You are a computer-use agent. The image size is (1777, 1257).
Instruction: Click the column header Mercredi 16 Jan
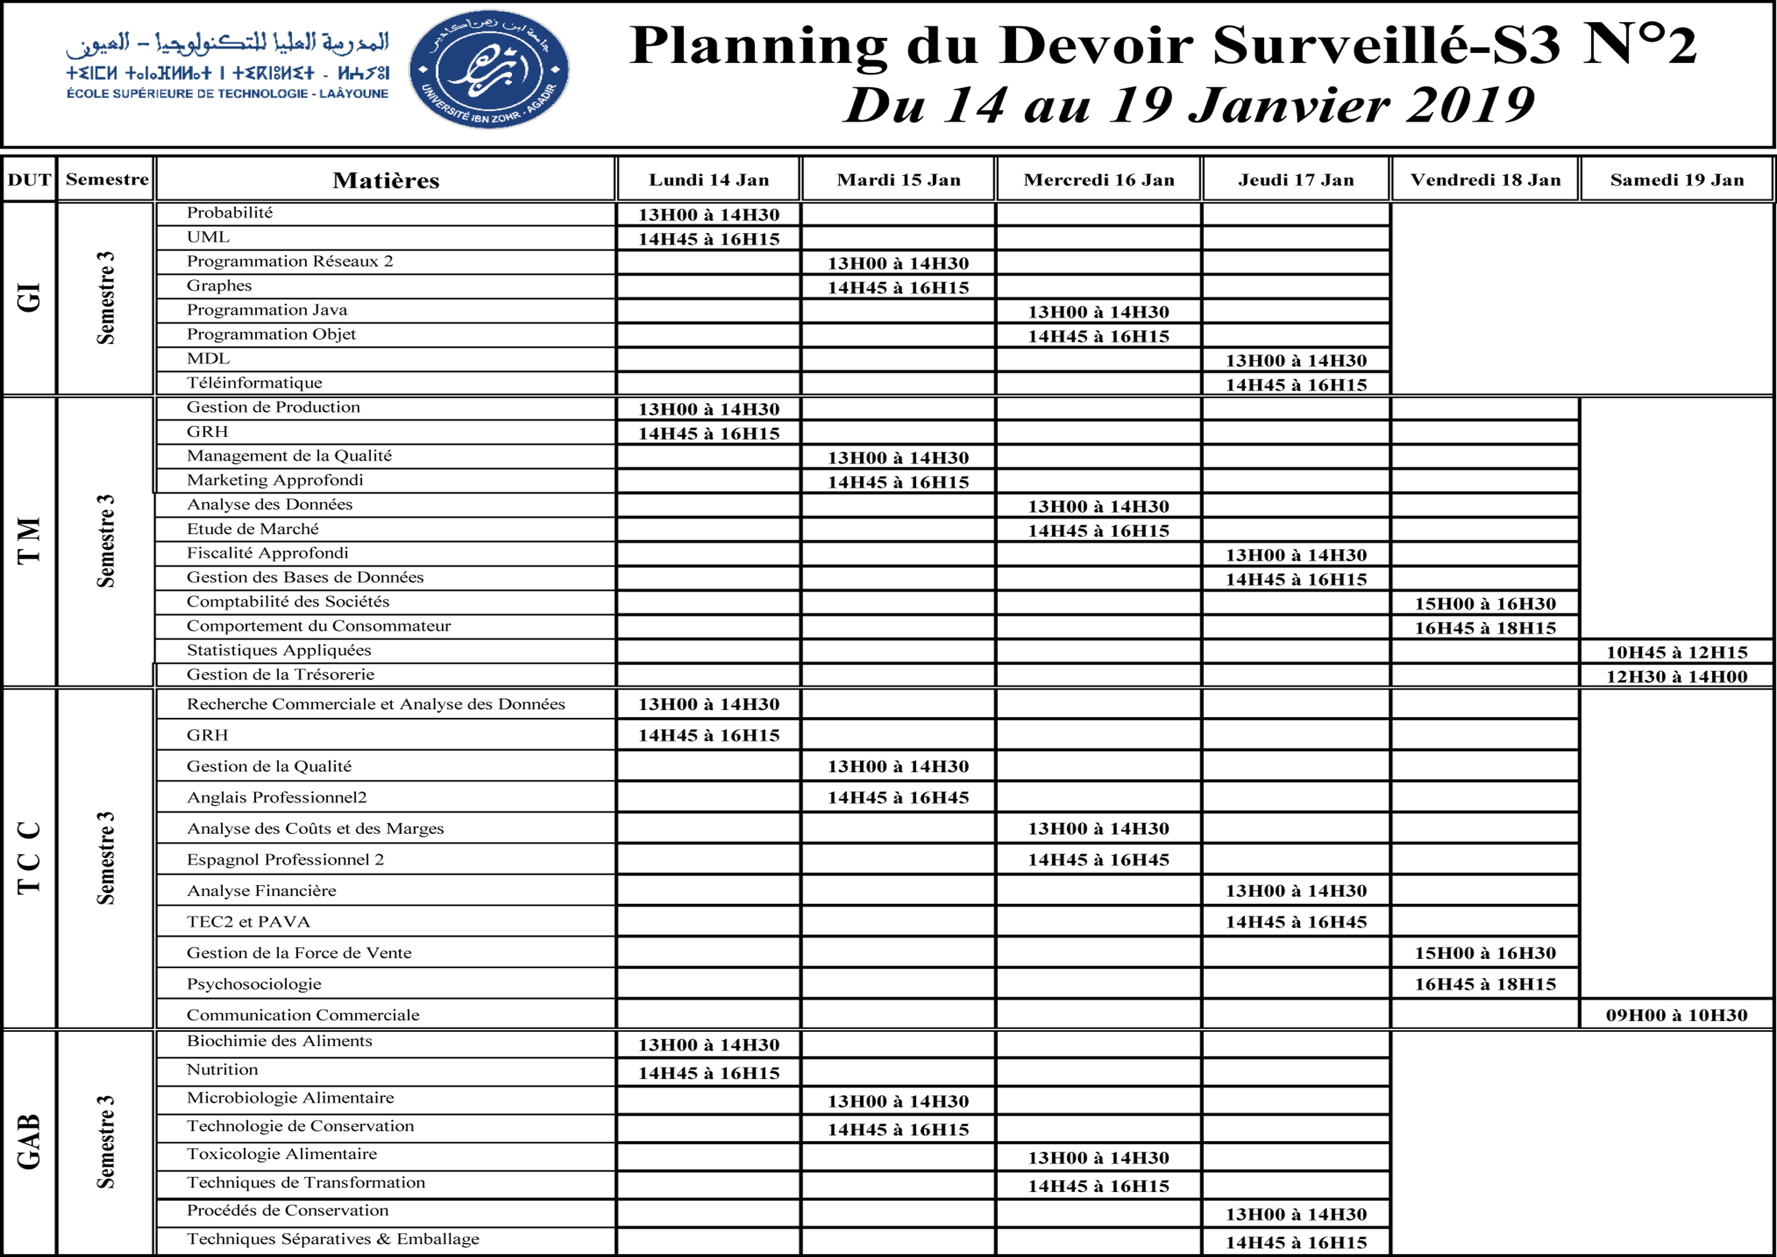[1098, 180]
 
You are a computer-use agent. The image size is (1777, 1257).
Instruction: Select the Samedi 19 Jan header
[1676, 180]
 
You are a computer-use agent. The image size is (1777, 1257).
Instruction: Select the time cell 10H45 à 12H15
[1676, 652]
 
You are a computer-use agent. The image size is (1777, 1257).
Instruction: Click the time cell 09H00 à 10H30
[1676, 1015]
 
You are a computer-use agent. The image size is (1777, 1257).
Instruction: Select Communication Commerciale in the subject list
[303, 1015]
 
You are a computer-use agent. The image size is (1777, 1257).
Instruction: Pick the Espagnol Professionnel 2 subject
[285, 859]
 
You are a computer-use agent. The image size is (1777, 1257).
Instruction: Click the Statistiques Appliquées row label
[279, 650]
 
